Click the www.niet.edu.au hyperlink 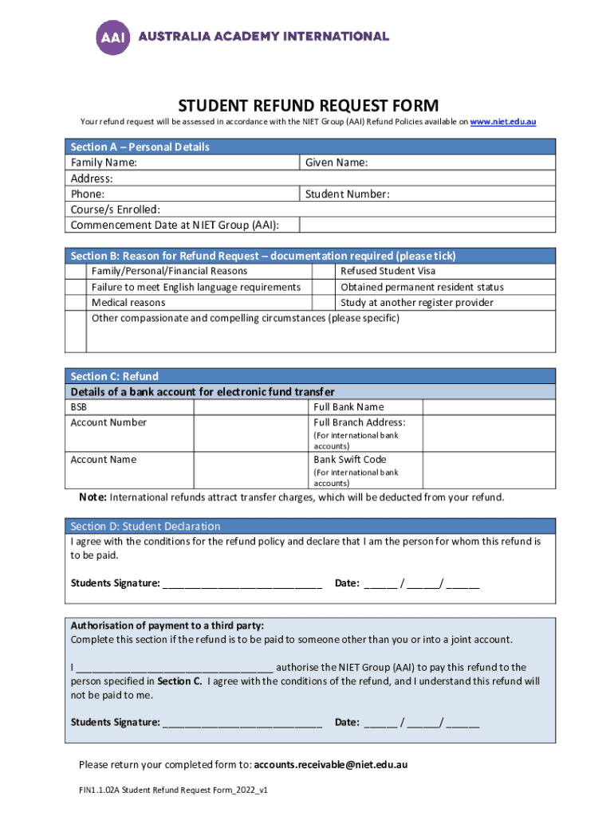point(502,122)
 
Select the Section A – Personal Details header point(140,147)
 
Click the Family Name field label point(104,163)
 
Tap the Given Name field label point(337,163)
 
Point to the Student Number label point(348,194)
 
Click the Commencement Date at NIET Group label point(175,225)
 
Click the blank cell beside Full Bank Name point(488,407)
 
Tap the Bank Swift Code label point(350,460)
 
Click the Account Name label point(104,460)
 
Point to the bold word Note point(92,497)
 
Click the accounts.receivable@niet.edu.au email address point(331,765)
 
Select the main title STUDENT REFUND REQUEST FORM point(308,106)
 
